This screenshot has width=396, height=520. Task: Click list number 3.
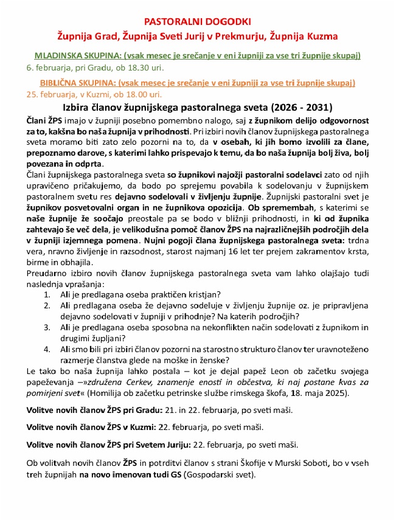47,327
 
